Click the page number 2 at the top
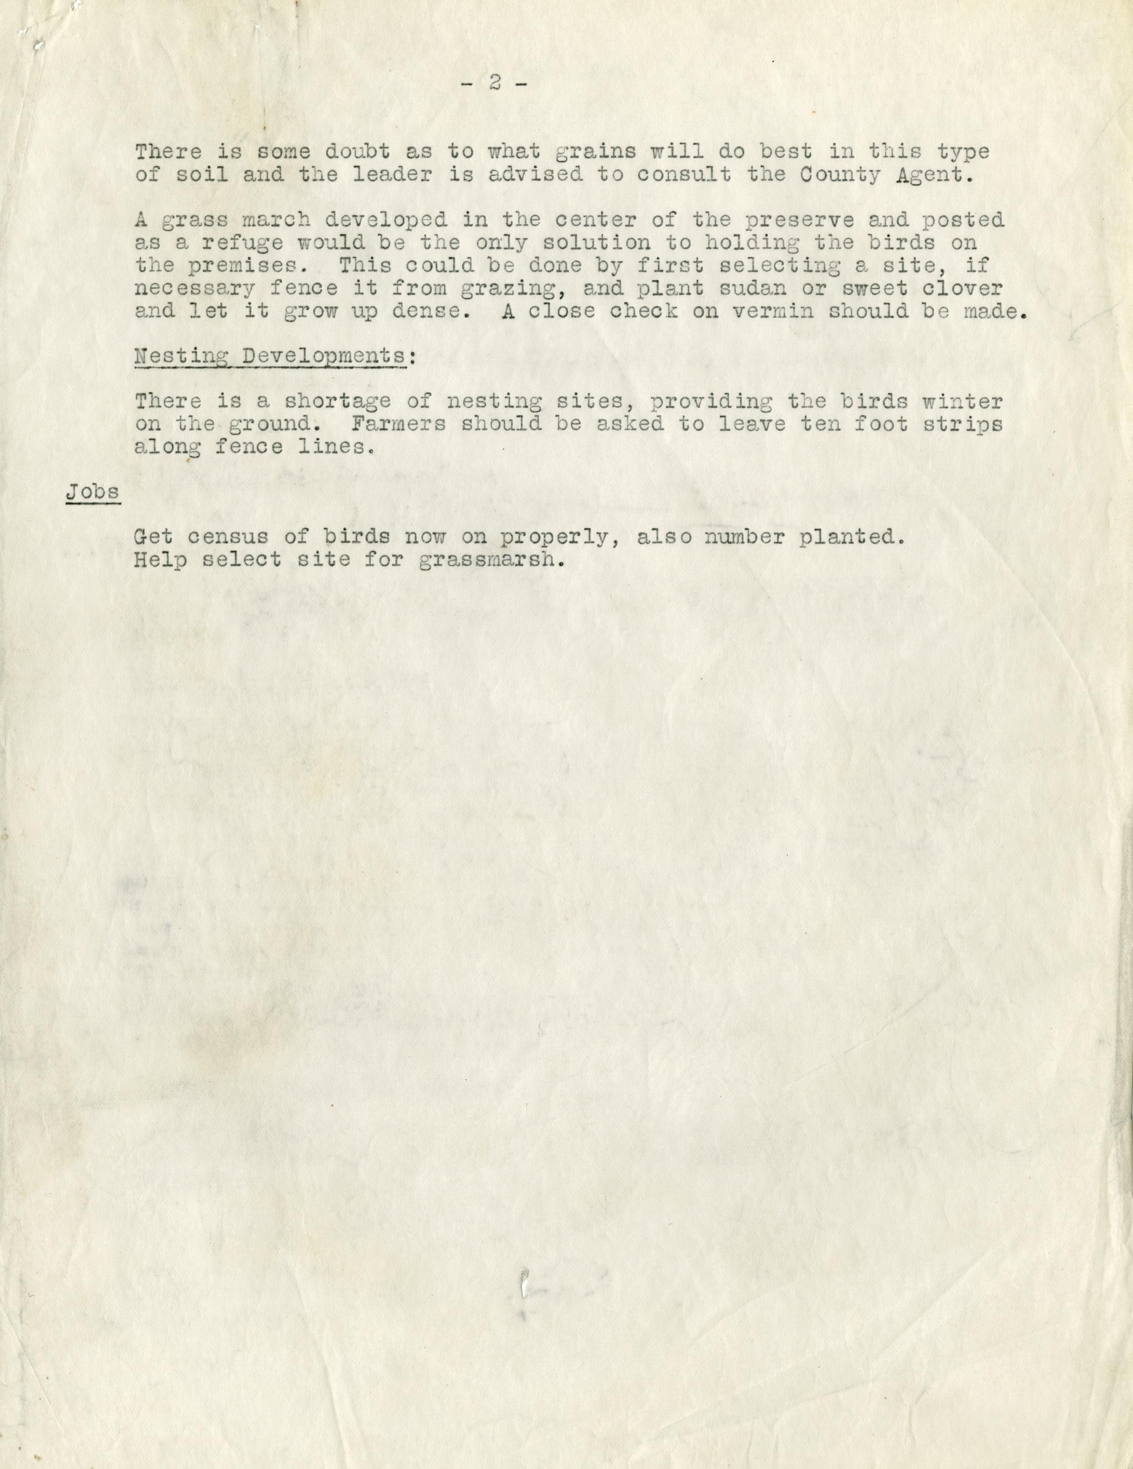click(495, 83)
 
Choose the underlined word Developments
click(324, 356)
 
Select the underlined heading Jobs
click(93, 492)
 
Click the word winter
click(963, 402)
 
